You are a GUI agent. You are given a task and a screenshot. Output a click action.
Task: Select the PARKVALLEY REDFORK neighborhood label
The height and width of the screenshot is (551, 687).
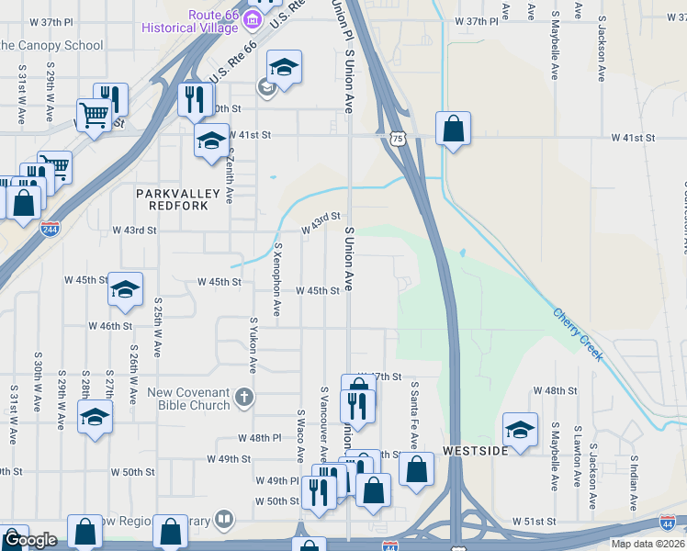[x=178, y=199]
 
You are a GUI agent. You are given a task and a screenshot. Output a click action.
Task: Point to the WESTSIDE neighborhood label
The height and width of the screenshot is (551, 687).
[x=474, y=452]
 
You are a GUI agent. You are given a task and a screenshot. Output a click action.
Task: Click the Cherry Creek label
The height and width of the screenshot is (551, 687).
[x=578, y=333]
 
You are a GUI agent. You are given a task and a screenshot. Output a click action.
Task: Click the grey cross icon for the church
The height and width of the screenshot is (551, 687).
[x=242, y=398]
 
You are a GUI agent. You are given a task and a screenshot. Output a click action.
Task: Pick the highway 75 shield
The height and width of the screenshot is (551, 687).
[x=396, y=138]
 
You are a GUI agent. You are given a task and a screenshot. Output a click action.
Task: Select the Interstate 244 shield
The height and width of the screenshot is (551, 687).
[x=51, y=228]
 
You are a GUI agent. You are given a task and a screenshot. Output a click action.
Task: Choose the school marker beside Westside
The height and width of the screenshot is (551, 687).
[x=520, y=429]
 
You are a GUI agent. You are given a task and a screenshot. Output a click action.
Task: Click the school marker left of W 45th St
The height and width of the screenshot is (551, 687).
[x=125, y=290]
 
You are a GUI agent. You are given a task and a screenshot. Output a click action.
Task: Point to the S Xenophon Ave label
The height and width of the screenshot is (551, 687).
[x=277, y=281]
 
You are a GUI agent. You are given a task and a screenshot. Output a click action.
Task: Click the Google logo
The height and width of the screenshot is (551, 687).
[x=29, y=540]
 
